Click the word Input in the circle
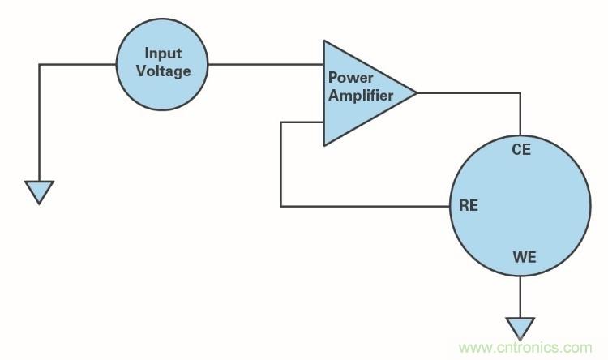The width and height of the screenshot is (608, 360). (x=163, y=54)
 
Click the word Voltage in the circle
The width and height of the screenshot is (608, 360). (x=163, y=71)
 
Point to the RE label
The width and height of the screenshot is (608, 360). (x=468, y=205)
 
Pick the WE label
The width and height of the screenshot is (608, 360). (x=524, y=259)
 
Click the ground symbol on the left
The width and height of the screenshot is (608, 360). (x=39, y=192)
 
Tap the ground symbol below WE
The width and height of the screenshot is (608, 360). (x=520, y=328)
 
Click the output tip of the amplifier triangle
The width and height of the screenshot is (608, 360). (x=415, y=93)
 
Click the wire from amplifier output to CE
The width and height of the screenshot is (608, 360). (x=470, y=93)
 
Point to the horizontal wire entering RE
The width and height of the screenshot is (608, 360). (x=365, y=206)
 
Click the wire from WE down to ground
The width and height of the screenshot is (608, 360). (x=520, y=296)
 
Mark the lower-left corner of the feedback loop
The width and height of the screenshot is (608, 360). (x=280, y=206)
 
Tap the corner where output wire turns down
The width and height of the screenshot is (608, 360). (x=520, y=93)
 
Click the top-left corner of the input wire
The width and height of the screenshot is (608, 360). (x=39, y=65)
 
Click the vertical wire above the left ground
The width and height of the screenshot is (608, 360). (x=39, y=122)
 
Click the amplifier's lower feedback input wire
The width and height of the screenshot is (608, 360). (x=302, y=122)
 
